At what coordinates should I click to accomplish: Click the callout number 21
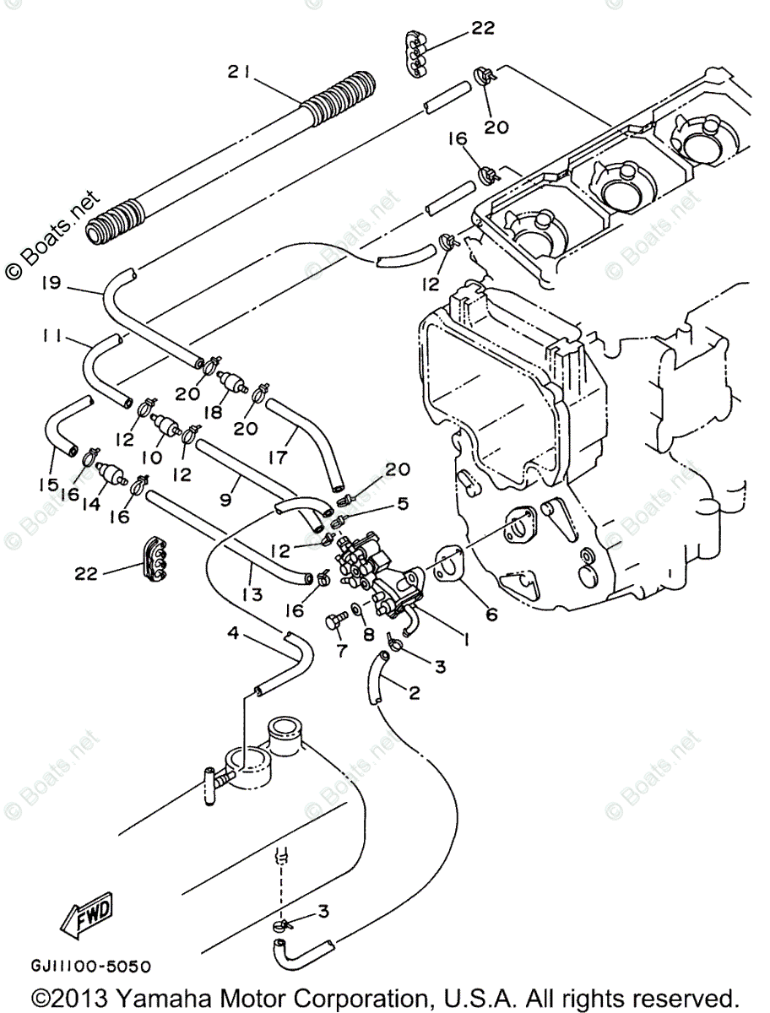(236, 73)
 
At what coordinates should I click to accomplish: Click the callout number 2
(413, 693)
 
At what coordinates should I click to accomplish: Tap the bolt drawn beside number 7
(334, 623)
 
